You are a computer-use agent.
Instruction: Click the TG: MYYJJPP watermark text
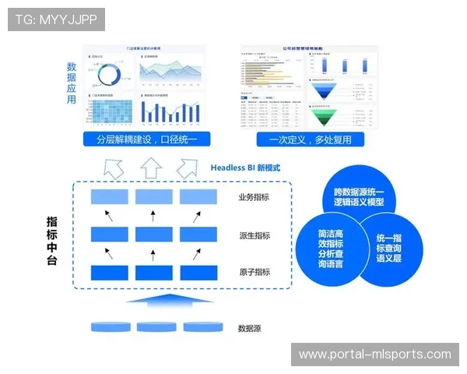tap(56, 19)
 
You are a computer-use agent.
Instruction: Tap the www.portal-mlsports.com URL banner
tap(374, 355)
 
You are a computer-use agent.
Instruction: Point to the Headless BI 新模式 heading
tap(246, 168)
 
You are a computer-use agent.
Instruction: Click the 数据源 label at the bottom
tap(249, 328)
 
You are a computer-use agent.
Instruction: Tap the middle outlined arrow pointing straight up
tap(152, 167)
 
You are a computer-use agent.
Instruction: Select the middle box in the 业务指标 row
tap(153, 197)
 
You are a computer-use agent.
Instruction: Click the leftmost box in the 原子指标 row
tap(109, 273)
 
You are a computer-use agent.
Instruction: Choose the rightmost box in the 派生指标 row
tap(198, 235)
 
